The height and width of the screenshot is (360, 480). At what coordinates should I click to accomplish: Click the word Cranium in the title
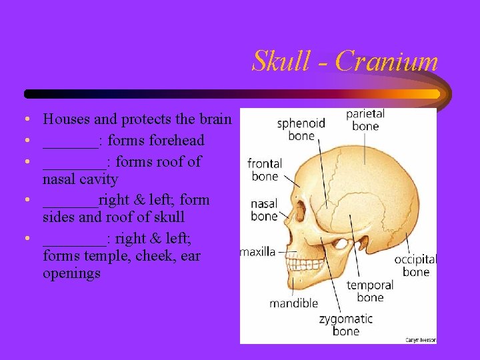[x=387, y=61]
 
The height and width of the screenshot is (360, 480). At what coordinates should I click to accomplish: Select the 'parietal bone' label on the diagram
[x=365, y=120]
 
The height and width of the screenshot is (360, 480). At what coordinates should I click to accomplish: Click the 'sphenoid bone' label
[x=301, y=129]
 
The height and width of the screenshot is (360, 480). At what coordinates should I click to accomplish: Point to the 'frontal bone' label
[x=265, y=169]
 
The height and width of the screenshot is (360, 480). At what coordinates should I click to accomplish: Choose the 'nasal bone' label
[x=264, y=210]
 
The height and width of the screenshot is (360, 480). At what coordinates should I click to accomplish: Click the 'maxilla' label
[x=258, y=252]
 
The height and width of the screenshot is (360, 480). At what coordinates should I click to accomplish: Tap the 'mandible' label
[x=293, y=303]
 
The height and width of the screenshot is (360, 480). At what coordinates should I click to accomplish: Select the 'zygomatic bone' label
[x=345, y=325]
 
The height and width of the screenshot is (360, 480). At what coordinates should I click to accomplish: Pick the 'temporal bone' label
[x=370, y=291]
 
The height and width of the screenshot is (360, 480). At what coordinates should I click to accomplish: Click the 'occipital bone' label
[x=415, y=265]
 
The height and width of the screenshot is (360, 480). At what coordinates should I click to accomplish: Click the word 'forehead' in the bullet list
[x=176, y=141]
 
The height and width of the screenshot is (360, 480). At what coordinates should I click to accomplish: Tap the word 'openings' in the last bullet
[x=71, y=273]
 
